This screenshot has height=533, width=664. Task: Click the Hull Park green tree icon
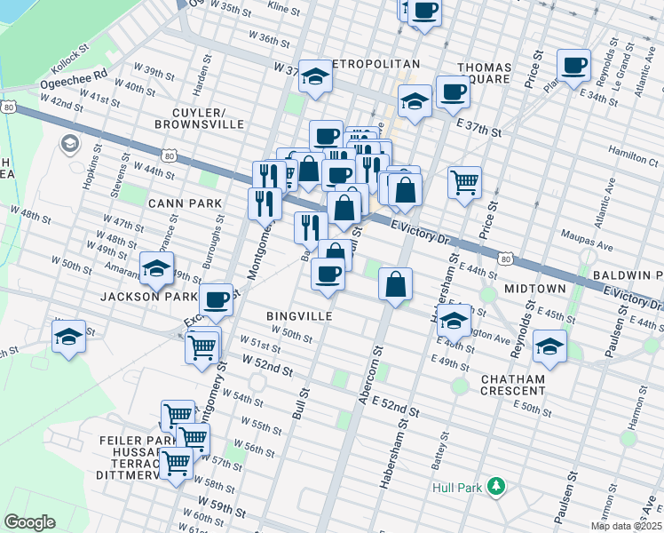pyautogui.click(x=497, y=487)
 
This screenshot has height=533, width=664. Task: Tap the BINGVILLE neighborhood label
pyautogui.click(x=299, y=315)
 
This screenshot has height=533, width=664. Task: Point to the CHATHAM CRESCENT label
pyautogui.click(x=513, y=385)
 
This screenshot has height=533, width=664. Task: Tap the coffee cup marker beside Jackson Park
pyautogui.click(x=217, y=300)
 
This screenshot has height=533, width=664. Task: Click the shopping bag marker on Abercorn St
pyautogui.click(x=396, y=284)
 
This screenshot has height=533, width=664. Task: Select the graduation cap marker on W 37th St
pyautogui.click(x=314, y=77)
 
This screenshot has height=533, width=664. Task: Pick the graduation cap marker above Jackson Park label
pyautogui.click(x=157, y=266)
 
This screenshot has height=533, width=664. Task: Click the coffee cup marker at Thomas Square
pyautogui.click(x=453, y=93)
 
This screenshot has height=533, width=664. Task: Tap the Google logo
pyautogui.click(x=29, y=522)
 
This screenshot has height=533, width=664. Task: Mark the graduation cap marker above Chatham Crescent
pyautogui.click(x=549, y=346)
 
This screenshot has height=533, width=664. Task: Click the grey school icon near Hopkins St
pyautogui.click(x=69, y=143)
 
